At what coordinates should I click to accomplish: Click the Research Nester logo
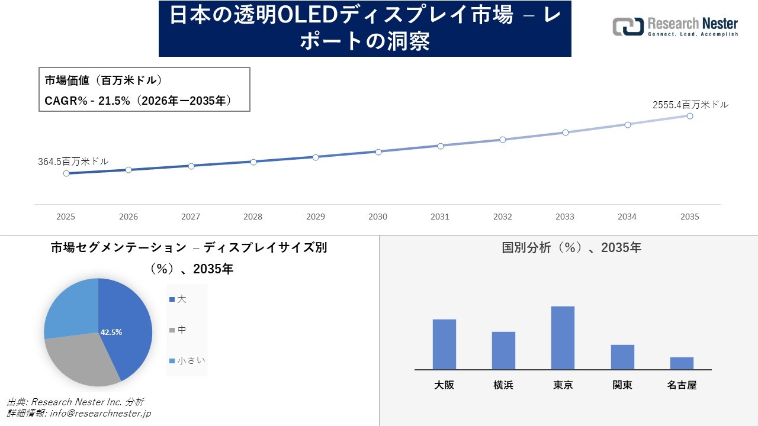[675, 27]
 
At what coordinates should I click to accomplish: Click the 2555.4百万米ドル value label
[690, 105]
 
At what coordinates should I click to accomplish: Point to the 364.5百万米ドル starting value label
[73, 161]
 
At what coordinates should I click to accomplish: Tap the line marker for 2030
[378, 151]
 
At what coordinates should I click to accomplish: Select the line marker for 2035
[690, 116]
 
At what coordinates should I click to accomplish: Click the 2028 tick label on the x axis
[253, 217]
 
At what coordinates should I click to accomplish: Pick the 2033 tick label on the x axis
[565, 217]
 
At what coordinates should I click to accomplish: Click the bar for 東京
[563, 338]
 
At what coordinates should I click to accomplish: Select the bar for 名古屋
[682, 363]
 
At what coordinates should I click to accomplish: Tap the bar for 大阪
[444, 344]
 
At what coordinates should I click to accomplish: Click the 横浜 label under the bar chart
[503, 385]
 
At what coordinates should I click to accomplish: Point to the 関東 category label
[622, 385]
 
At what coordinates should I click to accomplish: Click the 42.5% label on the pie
[111, 332]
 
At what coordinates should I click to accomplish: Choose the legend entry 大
[181, 299]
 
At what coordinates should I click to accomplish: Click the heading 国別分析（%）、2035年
[571, 248]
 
